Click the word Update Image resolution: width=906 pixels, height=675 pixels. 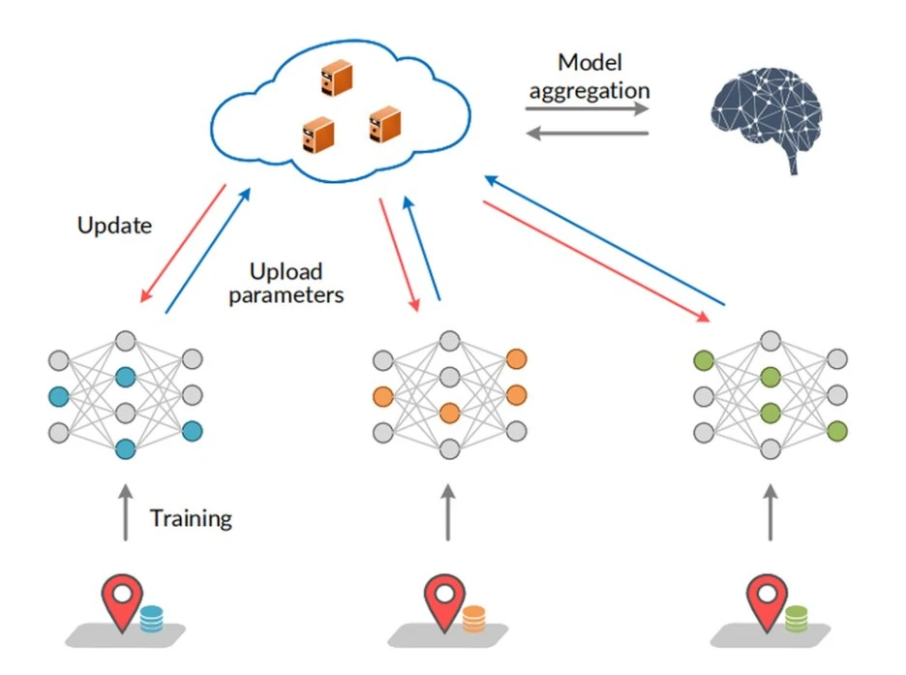[114, 226]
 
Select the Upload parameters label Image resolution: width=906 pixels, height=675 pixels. [286, 283]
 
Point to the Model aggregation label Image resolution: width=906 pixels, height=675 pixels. [589, 77]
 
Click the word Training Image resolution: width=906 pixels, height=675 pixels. [191, 518]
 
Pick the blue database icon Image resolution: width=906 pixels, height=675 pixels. [152, 619]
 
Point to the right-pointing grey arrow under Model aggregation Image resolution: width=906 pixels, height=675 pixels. [587, 108]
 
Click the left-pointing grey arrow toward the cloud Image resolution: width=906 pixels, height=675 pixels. [587, 133]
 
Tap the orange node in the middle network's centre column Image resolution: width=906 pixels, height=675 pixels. [448, 413]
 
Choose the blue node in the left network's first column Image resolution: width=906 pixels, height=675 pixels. [59, 396]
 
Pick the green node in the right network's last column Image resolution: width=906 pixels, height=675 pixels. [837, 431]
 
